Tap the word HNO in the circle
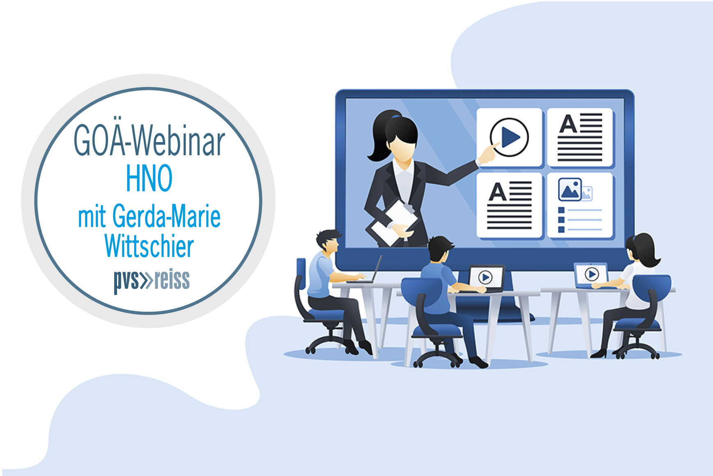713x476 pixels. [149, 178]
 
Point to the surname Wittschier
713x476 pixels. [149, 246]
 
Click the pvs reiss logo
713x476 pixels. [152, 281]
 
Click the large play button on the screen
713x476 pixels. [509, 137]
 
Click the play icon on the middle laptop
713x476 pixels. [485, 278]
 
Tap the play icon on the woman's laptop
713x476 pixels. [591, 274]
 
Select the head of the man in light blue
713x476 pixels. [329, 241]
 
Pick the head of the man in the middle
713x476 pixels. [440, 248]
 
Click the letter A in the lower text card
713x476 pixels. [497, 192]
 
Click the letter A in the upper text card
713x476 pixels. [568, 124]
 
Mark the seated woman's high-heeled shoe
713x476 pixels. [598, 353]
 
